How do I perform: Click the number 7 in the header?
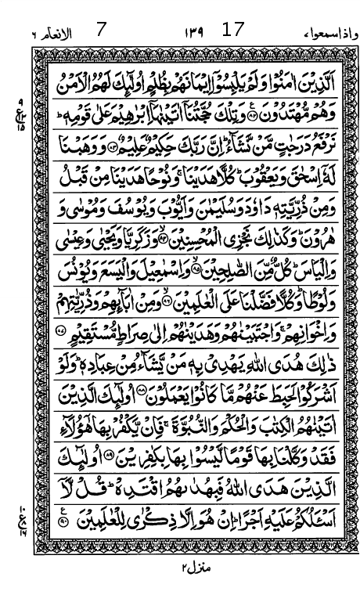click(100, 31)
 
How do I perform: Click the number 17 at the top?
click(233, 30)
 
